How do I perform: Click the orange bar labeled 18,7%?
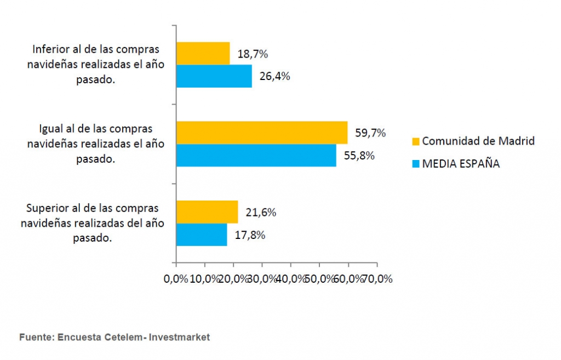point(203,53)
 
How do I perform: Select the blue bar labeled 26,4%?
point(214,76)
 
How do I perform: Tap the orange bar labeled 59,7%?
point(262,133)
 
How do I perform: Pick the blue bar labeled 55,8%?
point(256,155)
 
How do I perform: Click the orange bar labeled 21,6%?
point(207,212)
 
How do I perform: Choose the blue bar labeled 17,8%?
point(202,235)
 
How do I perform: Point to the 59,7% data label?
point(370,133)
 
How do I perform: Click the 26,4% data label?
point(275,76)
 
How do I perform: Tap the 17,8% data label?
point(250,235)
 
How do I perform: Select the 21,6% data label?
point(261,213)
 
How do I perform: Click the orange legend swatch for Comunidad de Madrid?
point(416,142)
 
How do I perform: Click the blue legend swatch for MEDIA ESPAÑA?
point(416,164)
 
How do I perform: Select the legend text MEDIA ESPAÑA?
point(461,163)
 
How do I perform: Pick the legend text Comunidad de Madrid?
point(478,141)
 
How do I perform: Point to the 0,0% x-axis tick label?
point(176,279)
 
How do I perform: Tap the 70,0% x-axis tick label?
point(377,279)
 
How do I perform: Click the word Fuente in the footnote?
point(37,337)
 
